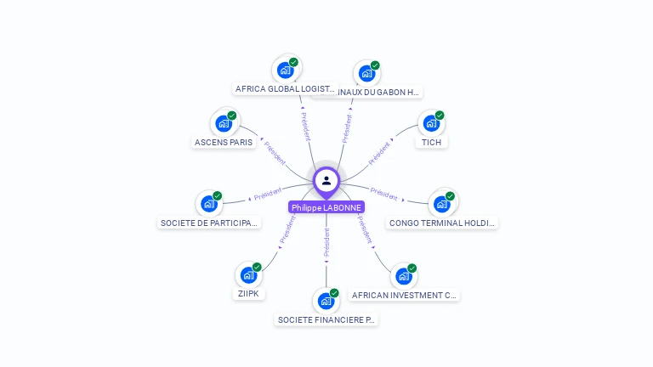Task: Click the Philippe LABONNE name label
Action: pyautogui.click(x=326, y=207)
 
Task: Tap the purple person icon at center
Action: pyautogui.click(x=326, y=180)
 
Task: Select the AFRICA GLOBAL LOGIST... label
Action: pyautogui.click(x=285, y=89)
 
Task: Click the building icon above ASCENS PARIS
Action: pyautogui.click(x=224, y=123)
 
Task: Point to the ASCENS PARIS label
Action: pyautogui.click(x=224, y=143)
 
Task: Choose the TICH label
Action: pyautogui.click(x=431, y=143)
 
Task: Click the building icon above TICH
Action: pyautogui.click(x=431, y=123)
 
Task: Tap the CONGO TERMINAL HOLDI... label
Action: pyautogui.click(x=441, y=223)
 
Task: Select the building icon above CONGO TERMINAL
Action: pyautogui.click(x=441, y=204)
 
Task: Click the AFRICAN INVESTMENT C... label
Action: pyautogui.click(x=404, y=296)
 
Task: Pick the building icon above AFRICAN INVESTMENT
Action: pyautogui.click(x=404, y=276)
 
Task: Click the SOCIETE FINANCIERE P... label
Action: pyautogui.click(x=326, y=320)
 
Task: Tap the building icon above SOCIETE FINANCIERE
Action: pyautogui.click(x=326, y=301)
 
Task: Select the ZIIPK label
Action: pyautogui.click(x=248, y=294)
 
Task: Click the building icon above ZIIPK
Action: pyautogui.click(x=248, y=274)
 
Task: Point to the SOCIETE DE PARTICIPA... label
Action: pyautogui.click(x=209, y=223)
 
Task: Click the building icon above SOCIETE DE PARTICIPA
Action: pyautogui.click(x=209, y=204)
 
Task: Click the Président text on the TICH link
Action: pyautogui.click(x=379, y=153)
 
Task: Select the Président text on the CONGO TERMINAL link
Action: pyautogui.click(x=384, y=195)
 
